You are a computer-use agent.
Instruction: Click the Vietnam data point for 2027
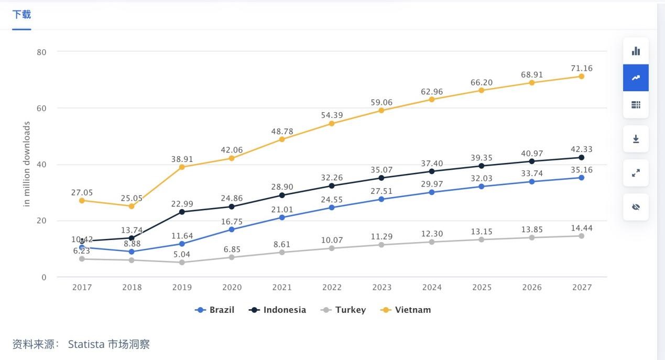[581, 77]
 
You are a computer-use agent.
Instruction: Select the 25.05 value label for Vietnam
[132, 198]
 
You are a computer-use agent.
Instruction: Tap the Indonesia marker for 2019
[182, 212]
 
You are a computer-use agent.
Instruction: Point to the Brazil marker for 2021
[282, 217]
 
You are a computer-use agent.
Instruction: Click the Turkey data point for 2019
[182, 263]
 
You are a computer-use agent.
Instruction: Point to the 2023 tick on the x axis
[381, 287]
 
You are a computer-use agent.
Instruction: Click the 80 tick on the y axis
[42, 52]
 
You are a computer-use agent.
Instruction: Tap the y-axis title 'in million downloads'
[27, 164]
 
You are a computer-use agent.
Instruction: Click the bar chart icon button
[636, 51]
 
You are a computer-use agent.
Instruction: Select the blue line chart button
[636, 78]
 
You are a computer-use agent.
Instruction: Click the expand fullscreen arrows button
[636, 173]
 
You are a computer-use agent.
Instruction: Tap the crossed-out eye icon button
[636, 207]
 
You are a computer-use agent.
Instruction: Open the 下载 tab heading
[21, 15]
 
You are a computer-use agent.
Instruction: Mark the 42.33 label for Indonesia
[581, 149]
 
